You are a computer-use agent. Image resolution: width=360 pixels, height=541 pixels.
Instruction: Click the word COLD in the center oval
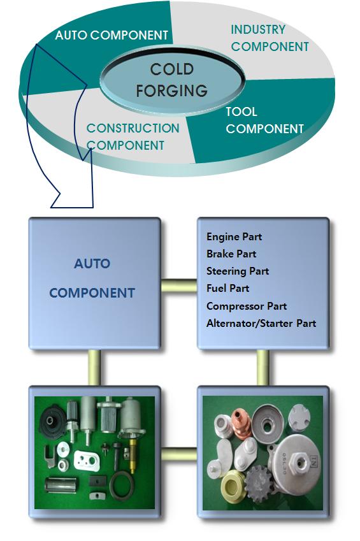[172, 69]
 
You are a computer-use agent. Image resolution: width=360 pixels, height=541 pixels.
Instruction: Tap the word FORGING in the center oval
[172, 90]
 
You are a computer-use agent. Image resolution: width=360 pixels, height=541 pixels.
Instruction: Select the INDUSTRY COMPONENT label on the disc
[270, 38]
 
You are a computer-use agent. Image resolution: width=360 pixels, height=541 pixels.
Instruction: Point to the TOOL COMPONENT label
[264, 120]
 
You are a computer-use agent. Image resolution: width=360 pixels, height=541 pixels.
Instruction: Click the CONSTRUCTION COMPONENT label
[133, 136]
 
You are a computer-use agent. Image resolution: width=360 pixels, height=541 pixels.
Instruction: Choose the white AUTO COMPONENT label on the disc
[112, 35]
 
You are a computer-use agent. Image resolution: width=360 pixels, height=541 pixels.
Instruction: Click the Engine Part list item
[234, 236]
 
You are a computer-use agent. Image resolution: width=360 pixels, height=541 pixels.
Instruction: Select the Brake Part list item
[231, 254]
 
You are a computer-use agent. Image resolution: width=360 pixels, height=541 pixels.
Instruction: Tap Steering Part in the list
[238, 271]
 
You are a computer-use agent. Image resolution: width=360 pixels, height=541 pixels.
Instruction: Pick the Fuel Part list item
[227, 288]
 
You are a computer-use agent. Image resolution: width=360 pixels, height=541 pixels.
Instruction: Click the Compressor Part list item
[247, 306]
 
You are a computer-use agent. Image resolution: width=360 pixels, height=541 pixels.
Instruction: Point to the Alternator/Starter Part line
[261, 323]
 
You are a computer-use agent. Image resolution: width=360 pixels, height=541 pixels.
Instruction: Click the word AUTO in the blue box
[92, 264]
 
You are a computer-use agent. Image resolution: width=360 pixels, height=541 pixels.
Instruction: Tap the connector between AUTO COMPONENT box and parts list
[179, 286]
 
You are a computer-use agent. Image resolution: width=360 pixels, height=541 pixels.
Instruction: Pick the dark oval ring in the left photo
[122, 486]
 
